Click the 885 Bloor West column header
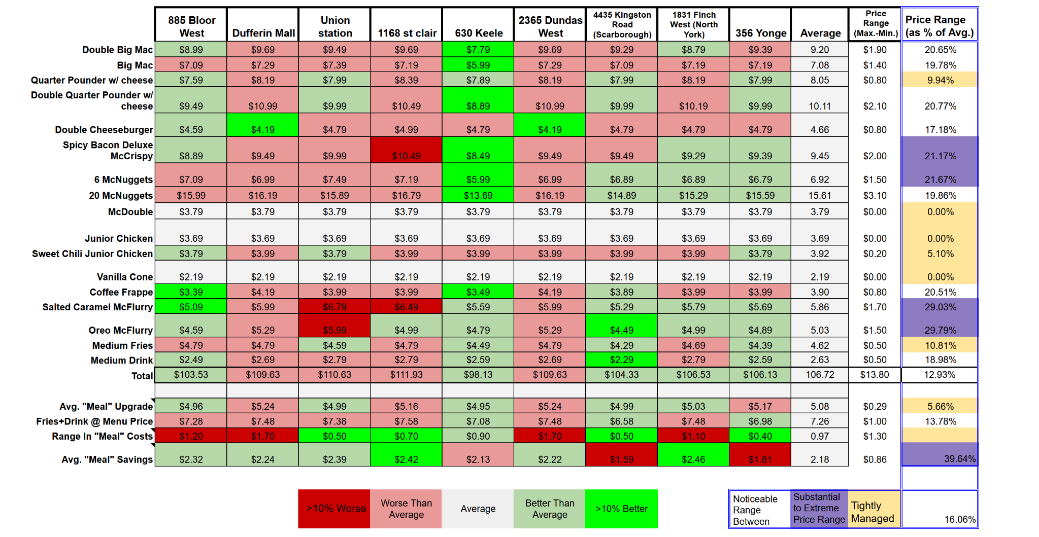tap(191, 26)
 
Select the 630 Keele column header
tap(478, 33)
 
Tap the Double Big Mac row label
tap(117, 50)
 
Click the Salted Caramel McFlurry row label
tap(97, 307)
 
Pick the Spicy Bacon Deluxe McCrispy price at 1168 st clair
tap(406, 156)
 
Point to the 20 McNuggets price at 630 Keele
tap(478, 195)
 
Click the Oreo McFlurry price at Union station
tap(334, 330)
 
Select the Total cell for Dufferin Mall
tap(262, 375)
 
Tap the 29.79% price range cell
tap(940, 330)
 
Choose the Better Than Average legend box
tap(549, 509)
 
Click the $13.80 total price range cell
tap(875, 375)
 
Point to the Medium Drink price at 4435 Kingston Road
tap(621, 360)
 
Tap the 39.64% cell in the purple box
tap(959, 459)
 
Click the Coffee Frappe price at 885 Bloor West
tap(191, 292)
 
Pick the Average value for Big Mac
tap(819, 65)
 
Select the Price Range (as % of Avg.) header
tap(939, 26)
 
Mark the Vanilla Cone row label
tap(125, 277)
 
